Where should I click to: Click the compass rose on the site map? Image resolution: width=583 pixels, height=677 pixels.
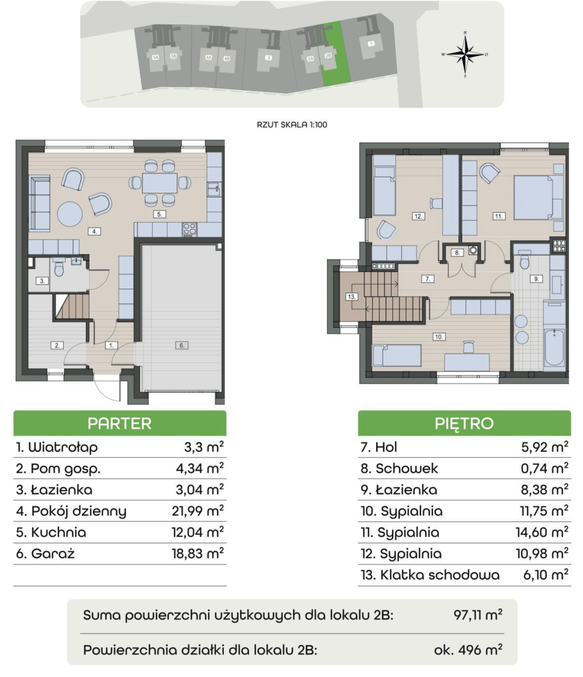465,54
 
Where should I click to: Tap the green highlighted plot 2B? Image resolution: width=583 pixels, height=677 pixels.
336,54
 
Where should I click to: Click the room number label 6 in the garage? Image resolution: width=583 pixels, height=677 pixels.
182,345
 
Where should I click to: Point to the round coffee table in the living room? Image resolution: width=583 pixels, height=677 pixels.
70,214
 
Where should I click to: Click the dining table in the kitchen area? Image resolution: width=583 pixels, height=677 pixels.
160,183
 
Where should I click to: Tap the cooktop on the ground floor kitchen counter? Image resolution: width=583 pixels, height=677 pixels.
190,230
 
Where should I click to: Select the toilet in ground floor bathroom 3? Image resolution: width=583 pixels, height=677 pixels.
59,268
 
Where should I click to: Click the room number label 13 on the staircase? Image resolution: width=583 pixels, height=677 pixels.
352,296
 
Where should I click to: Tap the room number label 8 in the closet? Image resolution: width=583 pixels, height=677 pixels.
457,253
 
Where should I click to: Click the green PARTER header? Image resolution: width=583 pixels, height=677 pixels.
120,423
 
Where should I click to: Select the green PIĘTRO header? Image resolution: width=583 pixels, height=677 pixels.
464,423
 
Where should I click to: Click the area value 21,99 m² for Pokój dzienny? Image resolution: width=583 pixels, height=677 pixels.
198,510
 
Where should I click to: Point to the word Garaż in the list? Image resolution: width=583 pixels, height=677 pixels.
53,554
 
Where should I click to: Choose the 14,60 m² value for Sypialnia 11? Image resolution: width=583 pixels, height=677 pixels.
542,532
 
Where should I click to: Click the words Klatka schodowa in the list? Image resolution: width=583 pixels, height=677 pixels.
440,575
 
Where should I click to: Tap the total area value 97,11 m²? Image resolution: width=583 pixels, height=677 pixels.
478,615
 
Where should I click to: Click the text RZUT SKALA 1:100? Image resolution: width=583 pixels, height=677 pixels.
292,125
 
